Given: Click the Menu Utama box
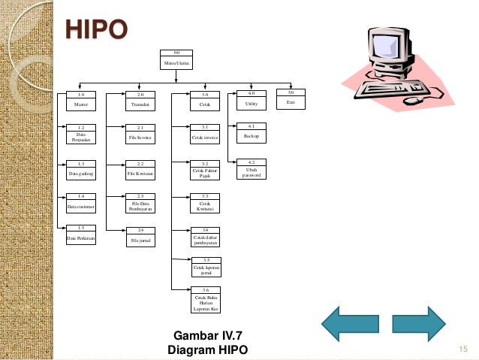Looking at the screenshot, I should point(177,60).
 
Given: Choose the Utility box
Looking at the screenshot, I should point(252,99).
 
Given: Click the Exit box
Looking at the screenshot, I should point(291,98).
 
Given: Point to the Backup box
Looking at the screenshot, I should point(252,133).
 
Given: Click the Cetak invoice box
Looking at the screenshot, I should point(205,135).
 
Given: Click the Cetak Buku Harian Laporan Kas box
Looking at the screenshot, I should point(205,298).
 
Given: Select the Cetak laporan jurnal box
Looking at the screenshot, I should point(205,267).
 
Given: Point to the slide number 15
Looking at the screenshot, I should point(462,348).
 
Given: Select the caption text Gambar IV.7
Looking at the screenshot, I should point(206,335).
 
